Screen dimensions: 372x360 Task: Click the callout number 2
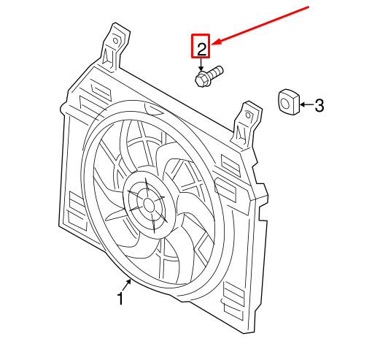coord(201,49)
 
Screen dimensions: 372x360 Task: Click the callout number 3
coord(319,105)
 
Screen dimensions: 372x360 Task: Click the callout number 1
coord(120,298)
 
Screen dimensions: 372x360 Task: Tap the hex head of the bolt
coord(201,79)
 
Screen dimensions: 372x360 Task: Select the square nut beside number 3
coord(288,102)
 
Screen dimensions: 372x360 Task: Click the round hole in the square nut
coord(284,102)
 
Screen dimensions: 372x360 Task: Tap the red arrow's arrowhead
coord(216,42)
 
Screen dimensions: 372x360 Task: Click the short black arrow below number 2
coord(201,64)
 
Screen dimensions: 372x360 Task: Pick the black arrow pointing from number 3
coord(307,104)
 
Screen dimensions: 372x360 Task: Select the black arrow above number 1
coord(127,285)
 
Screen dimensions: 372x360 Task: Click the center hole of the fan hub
coord(149,205)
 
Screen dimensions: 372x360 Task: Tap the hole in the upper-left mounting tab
coord(115,41)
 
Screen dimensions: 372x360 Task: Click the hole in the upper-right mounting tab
coord(248,115)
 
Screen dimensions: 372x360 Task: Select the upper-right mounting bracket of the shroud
coord(246,124)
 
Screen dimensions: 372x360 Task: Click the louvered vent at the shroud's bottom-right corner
coord(233,300)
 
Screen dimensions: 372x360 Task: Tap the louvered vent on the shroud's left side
coord(77,210)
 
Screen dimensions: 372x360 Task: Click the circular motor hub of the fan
coord(149,204)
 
